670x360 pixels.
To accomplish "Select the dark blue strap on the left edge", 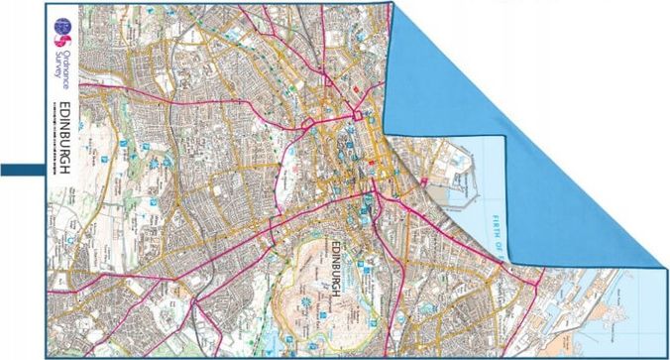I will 22,171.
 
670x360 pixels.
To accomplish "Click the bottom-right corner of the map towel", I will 666,355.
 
